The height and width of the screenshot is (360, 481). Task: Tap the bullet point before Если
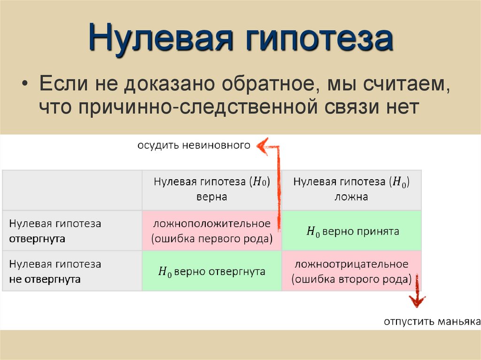pos(25,85)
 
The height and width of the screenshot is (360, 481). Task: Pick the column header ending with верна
pos(211,189)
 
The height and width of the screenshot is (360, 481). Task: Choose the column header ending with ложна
pos(351,189)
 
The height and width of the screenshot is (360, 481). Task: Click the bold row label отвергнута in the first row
pos(37,238)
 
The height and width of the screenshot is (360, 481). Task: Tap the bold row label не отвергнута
pos(45,279)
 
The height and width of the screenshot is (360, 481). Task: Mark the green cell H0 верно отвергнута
pos(211,271)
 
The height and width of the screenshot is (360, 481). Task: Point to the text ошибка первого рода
pos(211,238)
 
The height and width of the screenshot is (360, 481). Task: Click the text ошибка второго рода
pos(351,279)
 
